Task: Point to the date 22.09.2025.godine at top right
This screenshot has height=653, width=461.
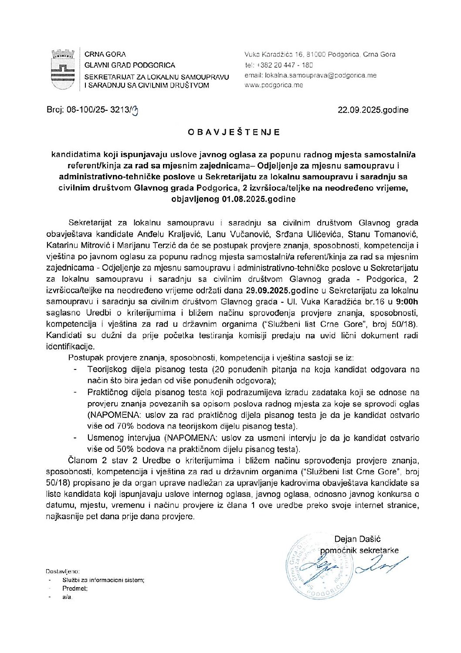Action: click(373, 110)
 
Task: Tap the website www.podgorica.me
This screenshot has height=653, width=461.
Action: click(274, 85)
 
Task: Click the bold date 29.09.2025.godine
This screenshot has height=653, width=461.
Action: click(283, 290)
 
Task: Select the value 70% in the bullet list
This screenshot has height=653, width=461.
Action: click(127, 426)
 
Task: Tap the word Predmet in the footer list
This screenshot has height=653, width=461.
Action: click(75, 588)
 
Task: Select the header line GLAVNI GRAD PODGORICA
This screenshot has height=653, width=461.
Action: click(129, 65)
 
